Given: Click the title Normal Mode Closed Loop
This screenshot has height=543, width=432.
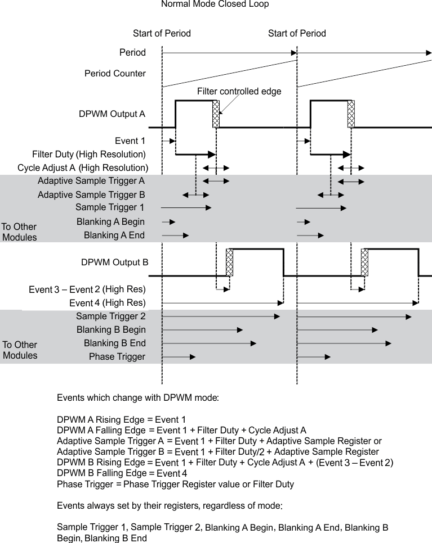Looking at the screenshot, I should pyautogui.click(x=215, y=4).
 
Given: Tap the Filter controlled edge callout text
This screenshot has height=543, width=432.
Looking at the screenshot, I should pyautogui.click(x=239, y=91).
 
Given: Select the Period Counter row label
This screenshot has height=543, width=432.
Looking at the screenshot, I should pyautogui.click(x=115, y=74).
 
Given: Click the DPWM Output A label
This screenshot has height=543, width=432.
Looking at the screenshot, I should pyautogui.click(x=112, y=114).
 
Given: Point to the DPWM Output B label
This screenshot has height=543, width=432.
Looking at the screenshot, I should pyautogui.click(x=114, y=263).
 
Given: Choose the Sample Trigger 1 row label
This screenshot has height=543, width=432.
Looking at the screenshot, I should pyautogui.click(x=110, y=208).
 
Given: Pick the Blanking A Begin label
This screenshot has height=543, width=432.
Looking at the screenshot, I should pyautogui.click(x=110, y=222).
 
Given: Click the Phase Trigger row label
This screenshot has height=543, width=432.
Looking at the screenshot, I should pyautogui.click(x=117, y=357).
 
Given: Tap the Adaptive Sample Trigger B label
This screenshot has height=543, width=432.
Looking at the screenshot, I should pyautogui.click(x=91, y=195).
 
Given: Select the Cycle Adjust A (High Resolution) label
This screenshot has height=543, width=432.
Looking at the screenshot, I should pyautogui.click(x=83, y=168).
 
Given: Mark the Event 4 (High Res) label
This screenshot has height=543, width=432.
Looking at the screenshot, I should pyautogui.click(x=107, y=304).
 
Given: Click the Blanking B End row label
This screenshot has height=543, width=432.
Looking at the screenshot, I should pyautogui.click(x=114, y=343).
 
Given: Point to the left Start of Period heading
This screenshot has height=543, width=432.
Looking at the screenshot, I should pyautogui.click(x=162, y=34).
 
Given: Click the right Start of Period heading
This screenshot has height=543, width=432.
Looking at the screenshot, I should pyautogui.click(x=297, y=34).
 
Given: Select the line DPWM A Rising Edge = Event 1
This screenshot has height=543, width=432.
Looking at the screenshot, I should pyautogui.click(x=121, y=419).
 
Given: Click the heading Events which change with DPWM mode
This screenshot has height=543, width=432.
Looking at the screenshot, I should pyautogui.click(x=138, y=398).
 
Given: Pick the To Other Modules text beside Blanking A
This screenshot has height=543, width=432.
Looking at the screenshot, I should pyautogui.click(x=19, y=232).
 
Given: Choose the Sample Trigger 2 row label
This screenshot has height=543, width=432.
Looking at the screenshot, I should pyautogui.click(x=110, y=316).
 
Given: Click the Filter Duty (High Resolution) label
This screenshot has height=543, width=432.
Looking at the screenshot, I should pyautogui.click(x=89, y=155).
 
